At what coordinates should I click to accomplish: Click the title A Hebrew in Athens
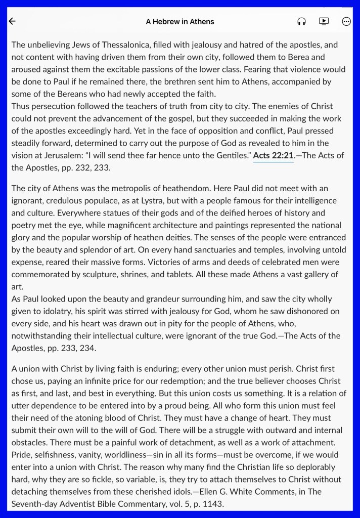180,21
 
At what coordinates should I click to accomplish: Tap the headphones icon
302,21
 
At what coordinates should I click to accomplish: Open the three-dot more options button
346,21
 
